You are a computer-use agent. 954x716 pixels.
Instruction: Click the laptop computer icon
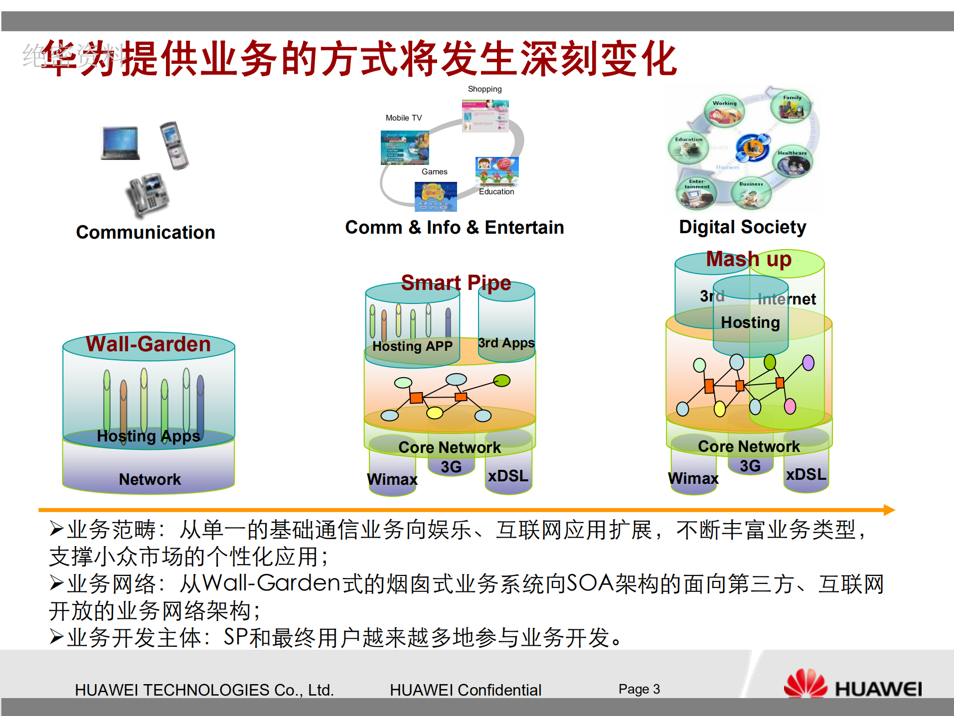120,143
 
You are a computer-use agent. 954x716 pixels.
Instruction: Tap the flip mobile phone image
174,145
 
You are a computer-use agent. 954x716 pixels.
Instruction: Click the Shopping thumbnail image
485,116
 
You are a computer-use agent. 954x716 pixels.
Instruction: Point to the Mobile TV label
403,118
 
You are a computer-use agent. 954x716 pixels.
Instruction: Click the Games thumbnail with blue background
436,196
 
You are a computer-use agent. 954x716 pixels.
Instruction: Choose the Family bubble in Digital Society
791,106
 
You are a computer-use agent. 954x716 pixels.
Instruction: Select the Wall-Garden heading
148,344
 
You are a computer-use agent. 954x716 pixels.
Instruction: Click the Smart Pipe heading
456,283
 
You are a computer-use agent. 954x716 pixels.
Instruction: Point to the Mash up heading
748,260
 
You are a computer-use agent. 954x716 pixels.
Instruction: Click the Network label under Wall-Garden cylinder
150,479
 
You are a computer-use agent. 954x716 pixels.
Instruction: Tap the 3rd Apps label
506,343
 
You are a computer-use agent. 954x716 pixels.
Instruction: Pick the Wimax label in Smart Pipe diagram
392,479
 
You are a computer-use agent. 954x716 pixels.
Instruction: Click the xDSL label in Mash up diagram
805,474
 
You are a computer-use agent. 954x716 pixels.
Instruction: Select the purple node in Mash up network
808,363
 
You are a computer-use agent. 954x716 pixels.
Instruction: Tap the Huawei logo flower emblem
805,684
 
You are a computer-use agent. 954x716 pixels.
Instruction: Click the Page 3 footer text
638,689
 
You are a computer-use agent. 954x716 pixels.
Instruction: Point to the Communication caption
145,233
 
